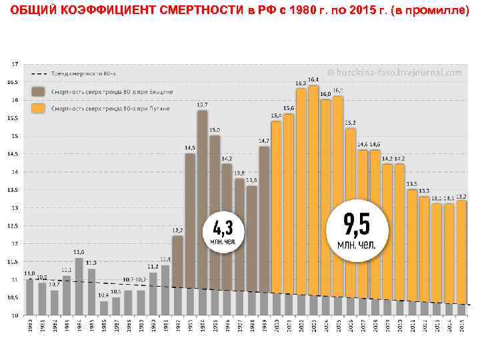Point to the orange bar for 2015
(x=461, y=253)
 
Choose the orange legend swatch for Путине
(x=38, y=107)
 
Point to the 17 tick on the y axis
(x=15, y=64)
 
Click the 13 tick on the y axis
(x=15, y=208)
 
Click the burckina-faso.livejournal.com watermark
(x=395, y=72)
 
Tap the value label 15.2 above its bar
(x=350, y=123)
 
